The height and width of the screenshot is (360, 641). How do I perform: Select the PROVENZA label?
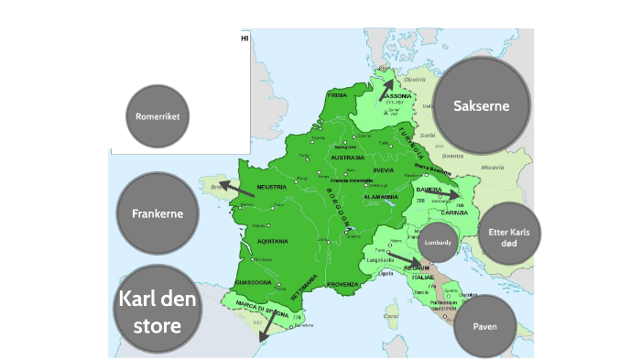coord(341,284)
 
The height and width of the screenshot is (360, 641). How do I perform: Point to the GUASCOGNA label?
coord(253,282)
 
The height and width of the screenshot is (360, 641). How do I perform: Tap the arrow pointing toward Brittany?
coord(235,189)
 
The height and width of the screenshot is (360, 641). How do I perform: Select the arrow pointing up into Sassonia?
coord(386,83)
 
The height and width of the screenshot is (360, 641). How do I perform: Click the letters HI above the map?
coord(244,38)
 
